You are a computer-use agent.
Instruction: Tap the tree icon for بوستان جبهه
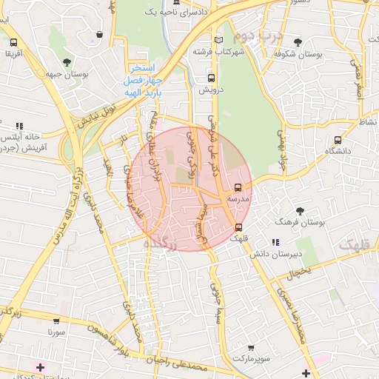point(67,61)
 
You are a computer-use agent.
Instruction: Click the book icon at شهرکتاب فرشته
point(217,40)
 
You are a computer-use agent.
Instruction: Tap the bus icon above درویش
point(212,77)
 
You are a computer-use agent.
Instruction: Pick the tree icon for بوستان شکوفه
point(298,42)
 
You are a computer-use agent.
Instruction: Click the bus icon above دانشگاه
point(337,138)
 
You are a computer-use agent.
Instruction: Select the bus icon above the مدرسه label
point(238,187)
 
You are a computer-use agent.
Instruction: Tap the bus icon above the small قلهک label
point(238,227)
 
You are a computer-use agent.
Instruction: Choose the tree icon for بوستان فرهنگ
point(300,211)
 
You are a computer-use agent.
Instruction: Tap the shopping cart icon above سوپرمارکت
point(251,347)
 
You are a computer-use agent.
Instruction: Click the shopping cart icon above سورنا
point(57,321)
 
